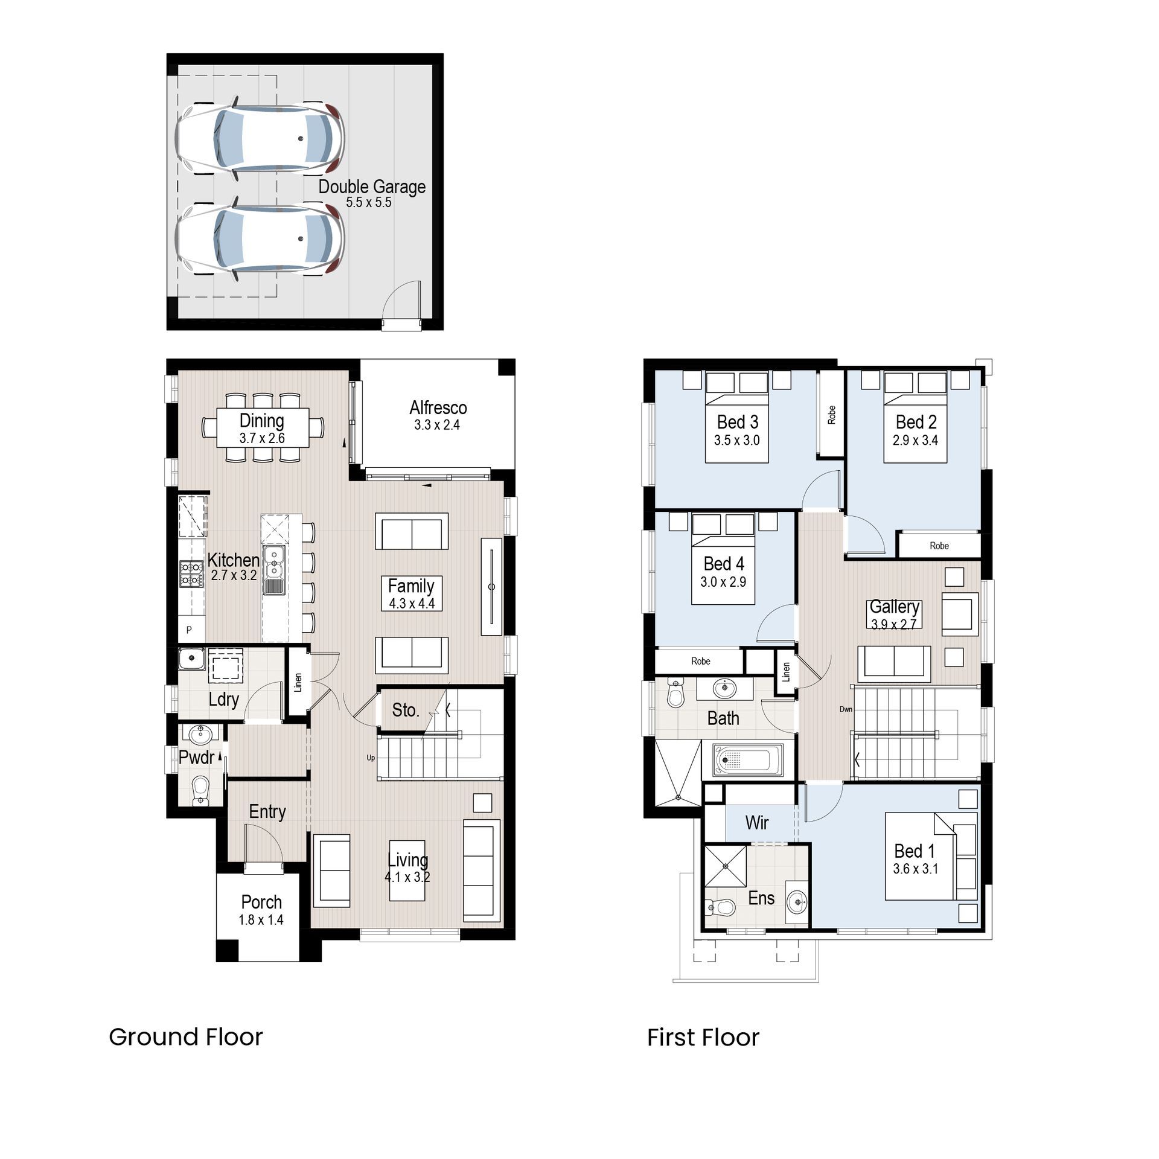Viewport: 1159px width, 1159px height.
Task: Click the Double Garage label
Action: [x=372, y=187]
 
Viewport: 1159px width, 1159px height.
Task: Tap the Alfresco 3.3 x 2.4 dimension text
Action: [x=437, y=425]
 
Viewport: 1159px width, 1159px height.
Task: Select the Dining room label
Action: [x=261, y=420]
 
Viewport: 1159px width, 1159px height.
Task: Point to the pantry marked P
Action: [x=190, y=630]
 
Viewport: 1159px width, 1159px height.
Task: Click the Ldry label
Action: [x=224, y=699]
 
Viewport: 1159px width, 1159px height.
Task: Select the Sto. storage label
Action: [x=405, y=710]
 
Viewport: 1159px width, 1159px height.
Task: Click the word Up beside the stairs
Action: [x=371, y=758]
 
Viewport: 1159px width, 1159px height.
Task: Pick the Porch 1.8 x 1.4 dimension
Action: [x=261, y=920]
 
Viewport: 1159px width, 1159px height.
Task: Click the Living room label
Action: [x=407, y=860]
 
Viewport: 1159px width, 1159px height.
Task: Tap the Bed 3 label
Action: [x=737, y=421]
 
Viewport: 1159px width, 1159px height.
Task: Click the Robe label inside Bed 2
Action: [x=939, y=546]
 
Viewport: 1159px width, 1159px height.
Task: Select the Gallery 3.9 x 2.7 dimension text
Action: [x=893, y=625]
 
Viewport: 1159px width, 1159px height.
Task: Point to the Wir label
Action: [x=757, y=822]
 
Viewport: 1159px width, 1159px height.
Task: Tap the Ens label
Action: [x=761, y=898]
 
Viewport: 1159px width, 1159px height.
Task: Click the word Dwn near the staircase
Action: [x=846, y=709]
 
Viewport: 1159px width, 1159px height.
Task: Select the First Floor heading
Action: [x=703, y=1038]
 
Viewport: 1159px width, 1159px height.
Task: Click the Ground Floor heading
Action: [x=186, y=1037]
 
